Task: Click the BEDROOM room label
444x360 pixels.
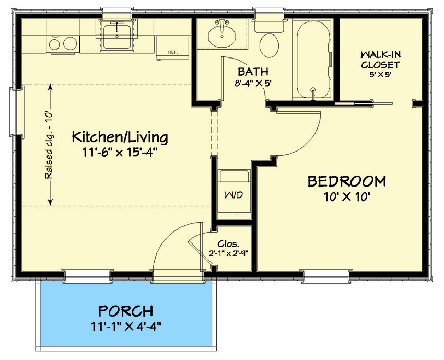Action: pyautogui.click(x=346, y=181)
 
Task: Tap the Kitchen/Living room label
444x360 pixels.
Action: pyautogui.click(x=120, y=137)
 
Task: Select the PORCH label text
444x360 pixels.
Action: pyautogui.click(x=125, y=311)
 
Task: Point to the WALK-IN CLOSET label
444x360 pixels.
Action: pyautogui.click(x=380, y=60)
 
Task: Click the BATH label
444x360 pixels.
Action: pyautogui.click(x=253, y=72)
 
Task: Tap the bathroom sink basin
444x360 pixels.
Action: pyautogui.click(x=223, y=36)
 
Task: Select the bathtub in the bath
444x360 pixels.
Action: pyautogui.click(x=311, y=57)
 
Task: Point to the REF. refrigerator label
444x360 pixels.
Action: pyautogui.click(x=173, y=52)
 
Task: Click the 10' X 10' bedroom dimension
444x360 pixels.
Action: pyautogui.click(x=346, y=197)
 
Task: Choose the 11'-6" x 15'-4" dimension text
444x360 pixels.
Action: pyautogui.click(x=120, y=153)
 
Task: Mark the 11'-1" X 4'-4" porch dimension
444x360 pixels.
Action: pyautogui.click(x=125, y=328)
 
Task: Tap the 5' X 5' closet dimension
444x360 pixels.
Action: pyautogui.click(x=380, y=74)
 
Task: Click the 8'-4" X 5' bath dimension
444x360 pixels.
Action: pyautogui.click(x=253, y=83)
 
